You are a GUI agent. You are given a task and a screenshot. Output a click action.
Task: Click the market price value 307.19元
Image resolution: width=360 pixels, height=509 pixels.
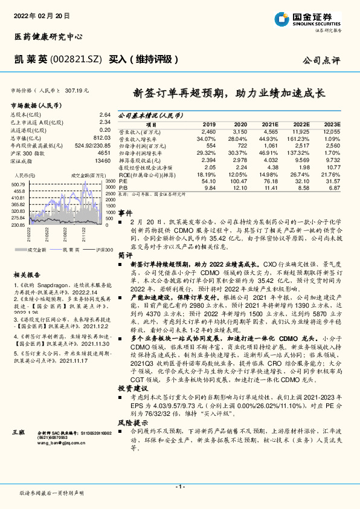77,90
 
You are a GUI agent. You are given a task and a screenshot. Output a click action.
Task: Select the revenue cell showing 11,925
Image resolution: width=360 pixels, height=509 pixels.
301,131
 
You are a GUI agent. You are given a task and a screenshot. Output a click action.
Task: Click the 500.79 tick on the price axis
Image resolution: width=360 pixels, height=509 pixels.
18,184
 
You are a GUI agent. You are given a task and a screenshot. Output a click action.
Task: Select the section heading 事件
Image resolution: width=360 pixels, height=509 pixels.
125,213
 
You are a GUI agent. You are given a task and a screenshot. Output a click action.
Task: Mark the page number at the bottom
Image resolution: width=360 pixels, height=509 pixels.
179,487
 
